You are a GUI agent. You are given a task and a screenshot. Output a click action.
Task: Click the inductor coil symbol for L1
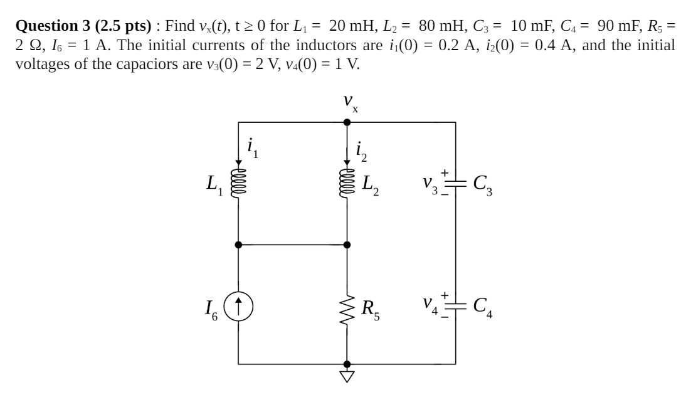[x=238, y=183]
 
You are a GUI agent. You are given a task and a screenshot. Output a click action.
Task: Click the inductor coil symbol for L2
[x=347, y=183]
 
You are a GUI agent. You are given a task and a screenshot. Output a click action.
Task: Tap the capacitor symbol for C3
[x=456, y=183]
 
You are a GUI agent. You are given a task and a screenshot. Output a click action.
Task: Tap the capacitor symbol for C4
[x=456, y=305]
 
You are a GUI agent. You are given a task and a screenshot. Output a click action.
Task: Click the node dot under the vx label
[x=347, y=122]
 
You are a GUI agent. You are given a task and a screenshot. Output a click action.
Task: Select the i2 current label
[x=361, y=149]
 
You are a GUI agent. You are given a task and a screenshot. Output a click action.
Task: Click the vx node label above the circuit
[x=350, y=102]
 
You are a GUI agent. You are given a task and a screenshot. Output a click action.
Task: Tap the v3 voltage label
[x=432, y=184]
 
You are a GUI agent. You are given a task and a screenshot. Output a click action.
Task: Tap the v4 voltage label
[x=432, y=305]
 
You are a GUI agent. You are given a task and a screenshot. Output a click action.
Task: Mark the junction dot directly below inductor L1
[x=238, y=245]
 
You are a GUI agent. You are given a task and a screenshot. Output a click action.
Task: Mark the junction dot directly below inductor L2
[x=347, y=245]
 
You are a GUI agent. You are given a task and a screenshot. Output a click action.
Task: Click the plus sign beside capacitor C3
[x=445, y=173]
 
